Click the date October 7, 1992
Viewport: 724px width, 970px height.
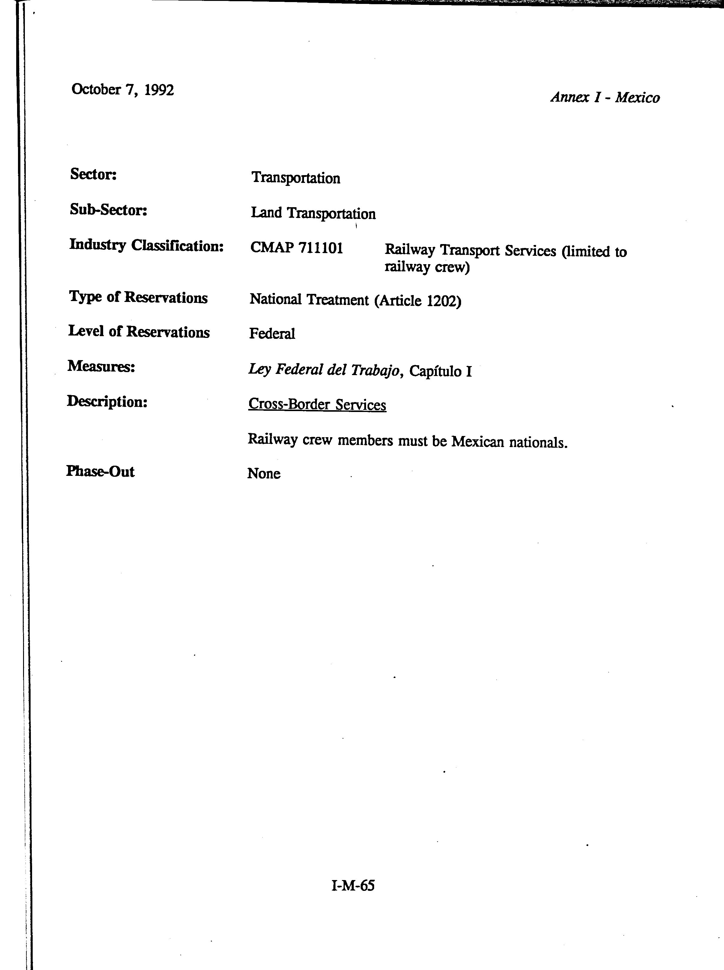122,90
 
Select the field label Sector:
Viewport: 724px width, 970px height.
93,175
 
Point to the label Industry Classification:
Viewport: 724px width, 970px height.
146,246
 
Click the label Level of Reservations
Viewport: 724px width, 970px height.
139,332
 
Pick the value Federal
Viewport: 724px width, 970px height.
272,334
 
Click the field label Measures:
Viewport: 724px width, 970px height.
101,366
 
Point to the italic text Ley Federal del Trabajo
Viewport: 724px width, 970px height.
324,370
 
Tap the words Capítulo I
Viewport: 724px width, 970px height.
440,372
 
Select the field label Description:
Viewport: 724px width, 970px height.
107,401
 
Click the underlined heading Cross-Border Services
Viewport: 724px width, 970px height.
317,404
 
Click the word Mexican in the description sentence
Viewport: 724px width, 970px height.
478,442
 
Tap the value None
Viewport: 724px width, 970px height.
264,474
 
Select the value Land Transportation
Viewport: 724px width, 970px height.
313,213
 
